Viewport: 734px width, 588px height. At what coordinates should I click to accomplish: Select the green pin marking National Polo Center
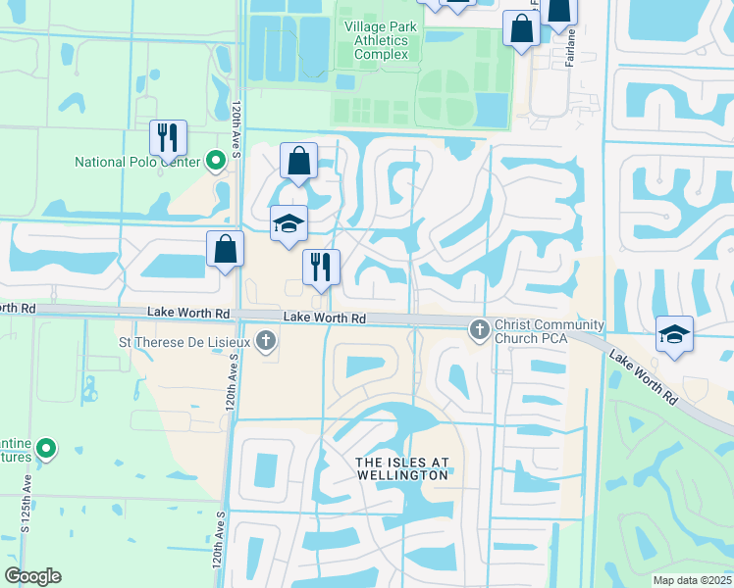coord(217,162)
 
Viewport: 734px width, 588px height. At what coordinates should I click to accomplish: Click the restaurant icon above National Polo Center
coord(168,137)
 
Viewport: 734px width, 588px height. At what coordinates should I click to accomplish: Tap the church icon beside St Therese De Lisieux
coord(264,342)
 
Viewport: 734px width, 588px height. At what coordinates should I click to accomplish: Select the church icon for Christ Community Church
coord(479,329)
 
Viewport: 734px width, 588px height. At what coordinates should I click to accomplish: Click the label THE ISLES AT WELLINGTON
coord(402,468)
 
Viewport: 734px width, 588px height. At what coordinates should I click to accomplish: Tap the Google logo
coord(32,576)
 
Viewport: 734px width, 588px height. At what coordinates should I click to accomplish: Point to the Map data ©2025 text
coord(691,580)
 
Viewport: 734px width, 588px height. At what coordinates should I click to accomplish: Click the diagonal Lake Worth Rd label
coord(642,377)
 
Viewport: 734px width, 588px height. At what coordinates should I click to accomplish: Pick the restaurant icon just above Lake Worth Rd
coord(321,267)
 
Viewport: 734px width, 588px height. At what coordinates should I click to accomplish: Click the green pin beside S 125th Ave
coord(45,450)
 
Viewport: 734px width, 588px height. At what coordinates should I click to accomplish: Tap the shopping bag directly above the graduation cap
coord(297,161)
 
